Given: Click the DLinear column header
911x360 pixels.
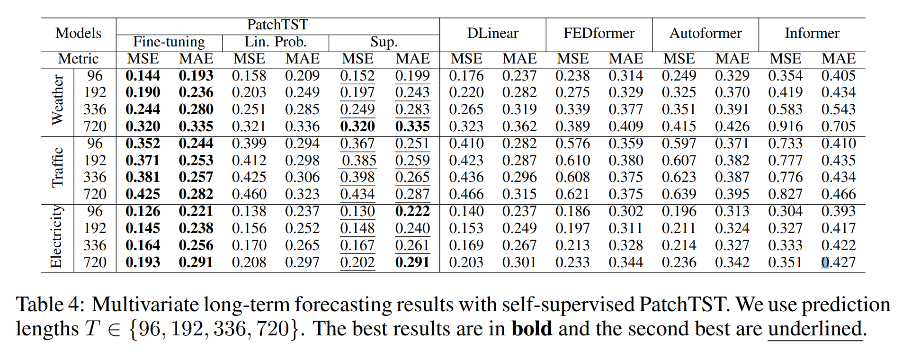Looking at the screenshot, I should (x=492, y=33).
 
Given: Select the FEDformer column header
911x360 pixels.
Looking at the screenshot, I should (x=599, y=33).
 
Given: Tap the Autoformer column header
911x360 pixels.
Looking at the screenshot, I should (x=706, y=33).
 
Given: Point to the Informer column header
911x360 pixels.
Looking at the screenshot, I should (x=812, y=33).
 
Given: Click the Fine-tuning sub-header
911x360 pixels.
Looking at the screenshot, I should (x=169, y=42).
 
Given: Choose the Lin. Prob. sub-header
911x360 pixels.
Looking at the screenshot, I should (x=276, y=42).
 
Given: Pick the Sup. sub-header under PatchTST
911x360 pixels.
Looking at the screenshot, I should (x=384, y=42).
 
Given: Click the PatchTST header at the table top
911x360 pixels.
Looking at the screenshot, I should (x=277, y=25).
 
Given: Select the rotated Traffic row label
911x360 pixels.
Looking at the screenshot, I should (x=57, y=168).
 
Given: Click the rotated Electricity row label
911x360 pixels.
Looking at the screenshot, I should (x=56, y=237).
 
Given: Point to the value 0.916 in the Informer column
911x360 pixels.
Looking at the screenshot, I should (x=786, y=126).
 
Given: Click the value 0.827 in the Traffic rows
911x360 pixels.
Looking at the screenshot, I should (x=786, y=194).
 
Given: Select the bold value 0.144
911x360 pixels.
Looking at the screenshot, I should (x=143, y=76).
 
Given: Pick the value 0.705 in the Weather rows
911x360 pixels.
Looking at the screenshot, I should (x=839, y=126).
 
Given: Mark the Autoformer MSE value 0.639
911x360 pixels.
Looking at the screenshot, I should (x=679, y=194).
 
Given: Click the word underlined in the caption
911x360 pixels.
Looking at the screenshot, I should (x=814, y=329).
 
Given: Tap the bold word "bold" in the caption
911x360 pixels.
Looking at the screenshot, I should (x=532, y=329).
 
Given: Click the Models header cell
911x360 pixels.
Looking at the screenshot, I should (x=79, y=33).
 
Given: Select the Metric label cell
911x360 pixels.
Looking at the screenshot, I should (x=79, y=59).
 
